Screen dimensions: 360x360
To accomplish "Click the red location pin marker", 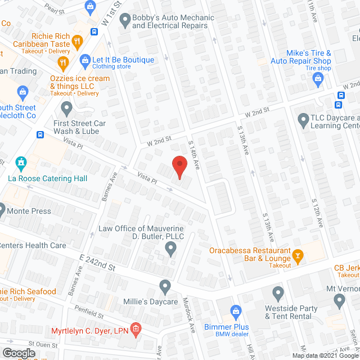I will point(179,167).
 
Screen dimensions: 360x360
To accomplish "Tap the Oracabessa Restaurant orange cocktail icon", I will point(299,256).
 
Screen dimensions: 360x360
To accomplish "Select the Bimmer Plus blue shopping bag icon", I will point(237,310).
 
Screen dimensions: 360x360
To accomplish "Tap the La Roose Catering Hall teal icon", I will point(21,164).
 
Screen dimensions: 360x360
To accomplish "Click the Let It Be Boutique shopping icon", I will point(85,60).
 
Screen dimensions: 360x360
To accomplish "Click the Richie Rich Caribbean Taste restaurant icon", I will point(78,40).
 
